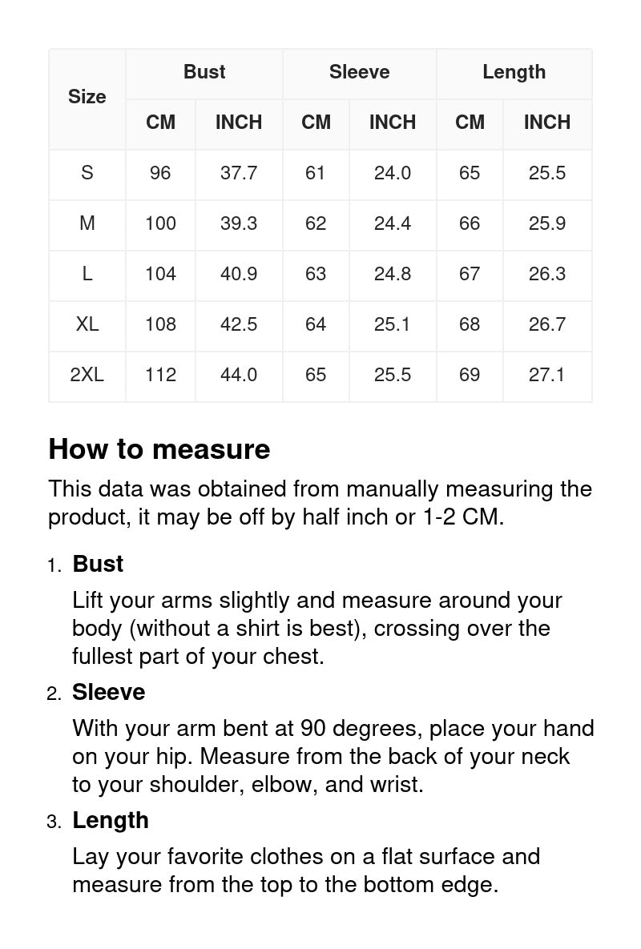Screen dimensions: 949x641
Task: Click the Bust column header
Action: [204, 72]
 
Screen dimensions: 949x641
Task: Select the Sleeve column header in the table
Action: [359, 72]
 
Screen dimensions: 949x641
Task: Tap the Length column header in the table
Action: [514, 72]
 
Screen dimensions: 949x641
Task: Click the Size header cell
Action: [87, 97]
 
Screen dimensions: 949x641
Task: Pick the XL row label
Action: [87, 324]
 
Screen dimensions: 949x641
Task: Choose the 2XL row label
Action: [87, 375]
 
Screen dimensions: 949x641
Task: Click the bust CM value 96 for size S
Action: [160, 173]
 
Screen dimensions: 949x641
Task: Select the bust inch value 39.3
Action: [239, 223]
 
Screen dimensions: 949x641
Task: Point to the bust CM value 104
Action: [160, 274]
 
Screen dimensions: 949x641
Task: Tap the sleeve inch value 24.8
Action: [393, 274]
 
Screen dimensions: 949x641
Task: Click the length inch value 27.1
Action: [547, 375]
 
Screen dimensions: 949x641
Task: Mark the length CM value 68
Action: [470, 324]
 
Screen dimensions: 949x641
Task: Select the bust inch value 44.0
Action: [239, 375]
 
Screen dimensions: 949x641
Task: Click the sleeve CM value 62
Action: [316, 223]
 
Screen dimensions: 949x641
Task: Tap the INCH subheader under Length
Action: [547, 123]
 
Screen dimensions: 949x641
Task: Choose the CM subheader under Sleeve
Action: [316, 123]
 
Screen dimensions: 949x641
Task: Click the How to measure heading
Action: [159, 449]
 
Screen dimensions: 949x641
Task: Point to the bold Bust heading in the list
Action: [98, 564]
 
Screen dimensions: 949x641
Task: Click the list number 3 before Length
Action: [53, 822]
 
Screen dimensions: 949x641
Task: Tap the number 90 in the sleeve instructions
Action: [312, 729]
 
